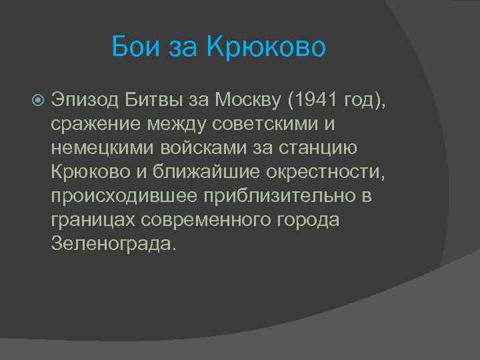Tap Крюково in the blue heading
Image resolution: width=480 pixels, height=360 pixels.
click(266, 47)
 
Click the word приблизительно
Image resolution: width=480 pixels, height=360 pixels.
click(287, 196)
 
